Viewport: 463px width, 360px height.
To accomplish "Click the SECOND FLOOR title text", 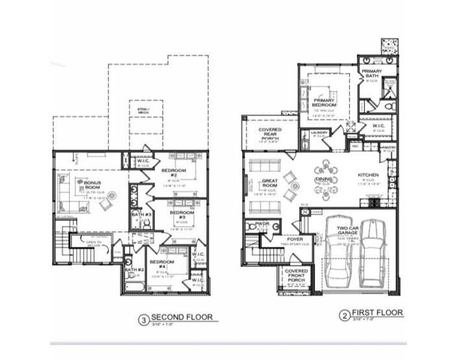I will tap(181, 317).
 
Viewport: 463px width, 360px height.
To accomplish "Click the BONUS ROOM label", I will tap(92, 183).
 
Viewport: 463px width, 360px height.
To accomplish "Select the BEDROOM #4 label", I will tap(162, 264).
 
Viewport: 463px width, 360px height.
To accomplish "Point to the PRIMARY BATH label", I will tap(371, 74).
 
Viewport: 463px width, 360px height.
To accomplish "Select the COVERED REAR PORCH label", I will tap(270, 133).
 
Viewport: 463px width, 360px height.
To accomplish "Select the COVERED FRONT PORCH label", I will tap(296, 275).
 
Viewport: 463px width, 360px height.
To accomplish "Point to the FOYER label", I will tap(295, 239).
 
